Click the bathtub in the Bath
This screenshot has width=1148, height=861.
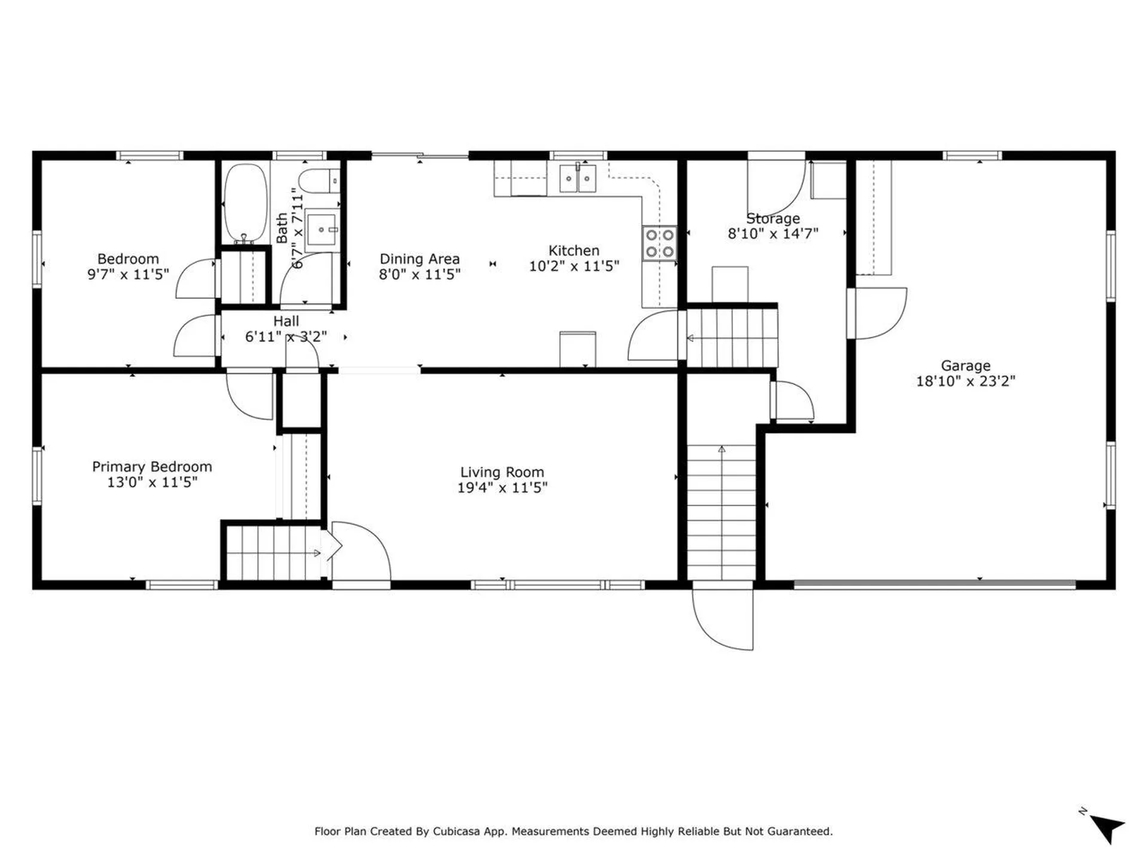245,203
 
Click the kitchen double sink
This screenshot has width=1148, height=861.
578,178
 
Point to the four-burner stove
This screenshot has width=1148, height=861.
660,243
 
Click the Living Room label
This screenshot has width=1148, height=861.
502,472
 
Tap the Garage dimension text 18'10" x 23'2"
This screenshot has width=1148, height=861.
966,381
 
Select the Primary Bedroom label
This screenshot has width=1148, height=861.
152,467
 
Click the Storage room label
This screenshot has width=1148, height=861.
773,219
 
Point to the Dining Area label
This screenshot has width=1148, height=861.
420,259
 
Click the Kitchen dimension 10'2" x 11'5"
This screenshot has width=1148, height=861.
574,266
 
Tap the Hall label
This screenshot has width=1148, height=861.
286,321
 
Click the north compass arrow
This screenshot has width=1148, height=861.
1107,828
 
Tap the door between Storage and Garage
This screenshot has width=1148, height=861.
877,313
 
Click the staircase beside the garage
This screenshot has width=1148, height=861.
722,512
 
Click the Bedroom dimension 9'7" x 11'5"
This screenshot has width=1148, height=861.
128,274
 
